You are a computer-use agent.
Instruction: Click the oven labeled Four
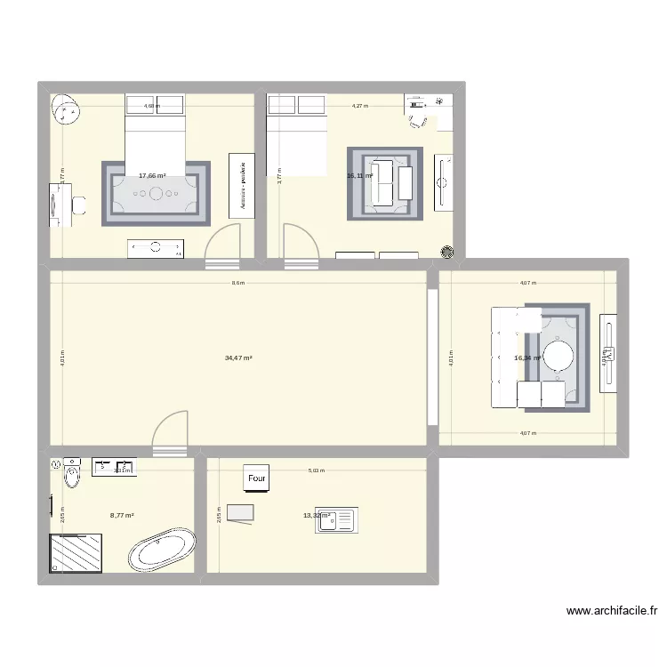[257, 478]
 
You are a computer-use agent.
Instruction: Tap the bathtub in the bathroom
[162, 550]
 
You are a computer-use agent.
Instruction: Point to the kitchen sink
[336, 520]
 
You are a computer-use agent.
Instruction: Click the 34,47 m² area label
[238, 358]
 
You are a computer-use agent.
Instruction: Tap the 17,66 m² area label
[152, 176]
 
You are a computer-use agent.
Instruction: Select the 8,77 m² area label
[122, 515]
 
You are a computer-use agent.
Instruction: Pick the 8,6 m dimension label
[237, 284]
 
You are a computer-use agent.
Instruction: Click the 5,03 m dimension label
[316, 471]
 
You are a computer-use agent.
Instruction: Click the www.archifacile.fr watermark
[612, 612]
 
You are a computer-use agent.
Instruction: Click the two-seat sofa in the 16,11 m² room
[383, 183]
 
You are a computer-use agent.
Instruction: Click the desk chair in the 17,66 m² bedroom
[79, 204]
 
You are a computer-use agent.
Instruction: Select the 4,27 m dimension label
[359, 106]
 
